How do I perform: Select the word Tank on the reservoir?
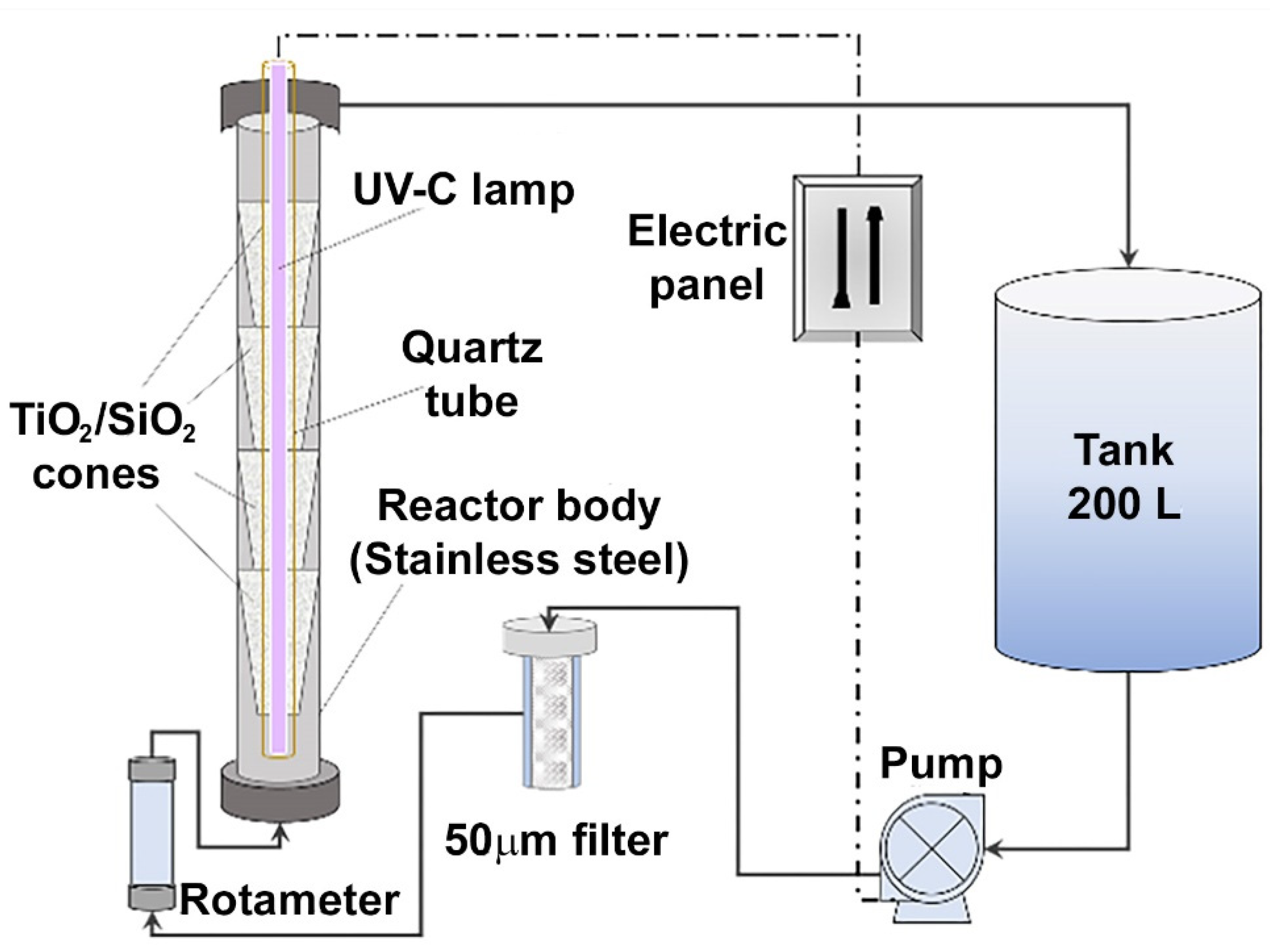[1125, 451]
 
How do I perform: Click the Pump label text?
[941, 764]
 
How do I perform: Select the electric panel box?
[858, 258]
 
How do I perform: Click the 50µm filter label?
[556, 841]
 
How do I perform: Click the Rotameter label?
[289, 900]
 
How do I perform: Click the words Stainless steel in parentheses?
[519, 560]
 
